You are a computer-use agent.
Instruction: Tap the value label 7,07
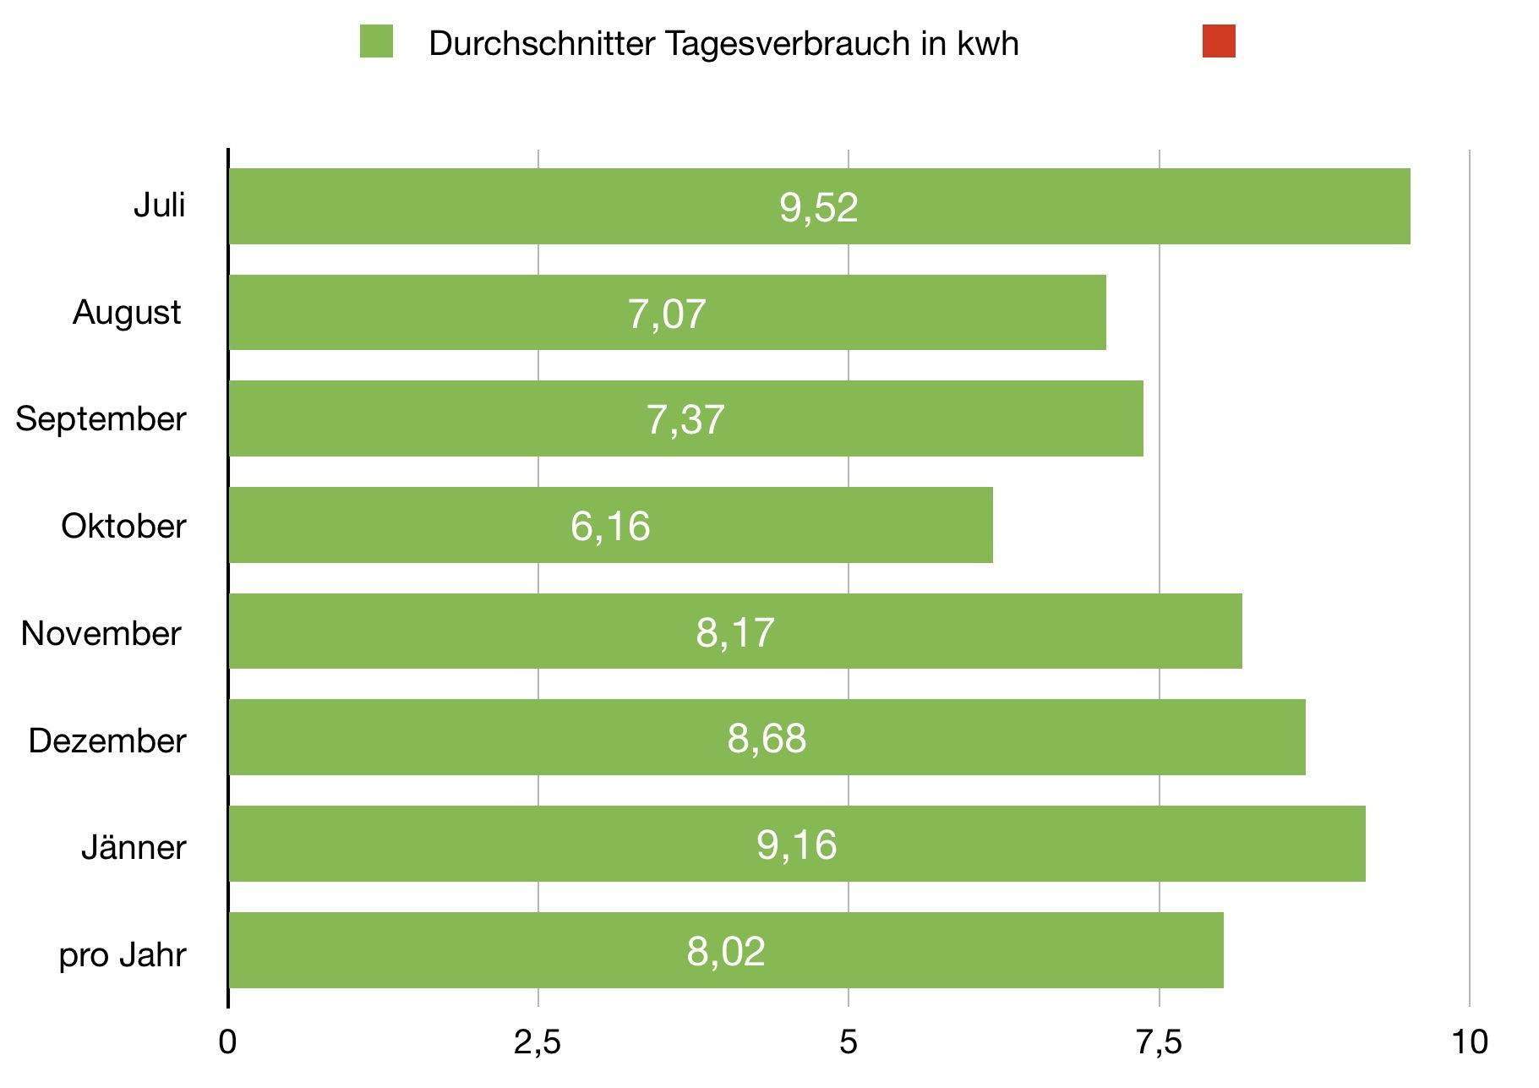click(666, 314)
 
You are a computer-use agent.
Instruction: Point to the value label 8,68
click(767, 738)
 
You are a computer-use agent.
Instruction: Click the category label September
click(101, 419)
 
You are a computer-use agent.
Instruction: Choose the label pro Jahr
click(123, 955)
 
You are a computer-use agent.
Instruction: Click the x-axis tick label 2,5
click(538, 1042)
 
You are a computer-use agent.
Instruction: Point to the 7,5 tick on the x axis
click(1159, 1042)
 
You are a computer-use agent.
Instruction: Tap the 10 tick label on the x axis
click(1470, 1042)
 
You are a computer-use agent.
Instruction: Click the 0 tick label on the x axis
click(227, 1042)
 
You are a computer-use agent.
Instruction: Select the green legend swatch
click(376, 41)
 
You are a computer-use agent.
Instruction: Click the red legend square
click(1219, 41)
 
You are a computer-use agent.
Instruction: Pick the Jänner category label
click(134, 847)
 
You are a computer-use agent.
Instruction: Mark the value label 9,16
click(796, 845)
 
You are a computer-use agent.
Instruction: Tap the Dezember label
click(107, 741)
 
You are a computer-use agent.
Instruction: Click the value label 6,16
click(610, 526)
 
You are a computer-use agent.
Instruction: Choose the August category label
click(127, 313)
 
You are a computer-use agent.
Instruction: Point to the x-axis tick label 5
click(848, 1042)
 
